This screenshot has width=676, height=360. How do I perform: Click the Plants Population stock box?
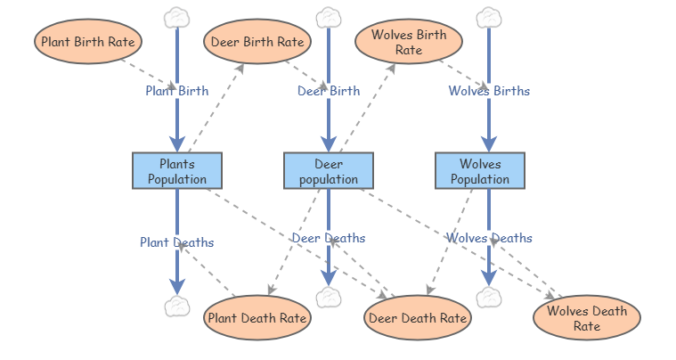[176, 170]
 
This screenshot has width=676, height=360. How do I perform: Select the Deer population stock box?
[328, 170]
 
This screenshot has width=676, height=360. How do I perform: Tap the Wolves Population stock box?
[479, 170]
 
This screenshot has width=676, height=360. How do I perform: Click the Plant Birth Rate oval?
[89, 41]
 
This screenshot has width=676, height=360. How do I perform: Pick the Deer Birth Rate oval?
[257, 41]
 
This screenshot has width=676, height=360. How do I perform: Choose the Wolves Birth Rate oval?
[409, 42]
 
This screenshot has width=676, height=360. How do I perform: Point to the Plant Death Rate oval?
[257, 317]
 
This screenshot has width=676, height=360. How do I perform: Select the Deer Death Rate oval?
[418, 317]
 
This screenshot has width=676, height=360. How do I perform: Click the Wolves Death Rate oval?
[586, 318]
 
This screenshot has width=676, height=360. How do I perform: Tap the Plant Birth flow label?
[177, 90]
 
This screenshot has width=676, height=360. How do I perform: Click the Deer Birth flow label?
[329, 90]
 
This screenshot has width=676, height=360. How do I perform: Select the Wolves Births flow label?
[489, 90]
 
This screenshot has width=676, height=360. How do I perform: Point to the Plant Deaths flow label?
[176, 241]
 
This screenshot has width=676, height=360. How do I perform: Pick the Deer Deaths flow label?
[328, 238]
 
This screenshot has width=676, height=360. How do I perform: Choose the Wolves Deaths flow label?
[489, 238]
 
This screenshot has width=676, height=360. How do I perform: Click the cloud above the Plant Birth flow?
[177, 17]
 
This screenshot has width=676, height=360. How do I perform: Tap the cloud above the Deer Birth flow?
[329, 17]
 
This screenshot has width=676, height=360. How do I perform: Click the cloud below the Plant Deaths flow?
[177, 307]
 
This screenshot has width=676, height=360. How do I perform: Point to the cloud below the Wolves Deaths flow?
[489, 298]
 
